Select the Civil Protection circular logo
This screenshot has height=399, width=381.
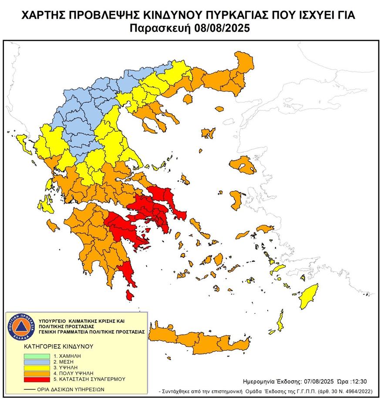tap(19, 326)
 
